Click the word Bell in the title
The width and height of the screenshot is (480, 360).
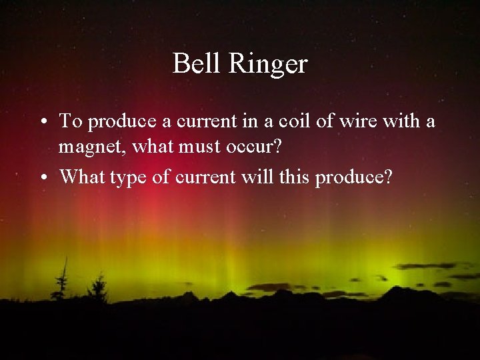point(194,64)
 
